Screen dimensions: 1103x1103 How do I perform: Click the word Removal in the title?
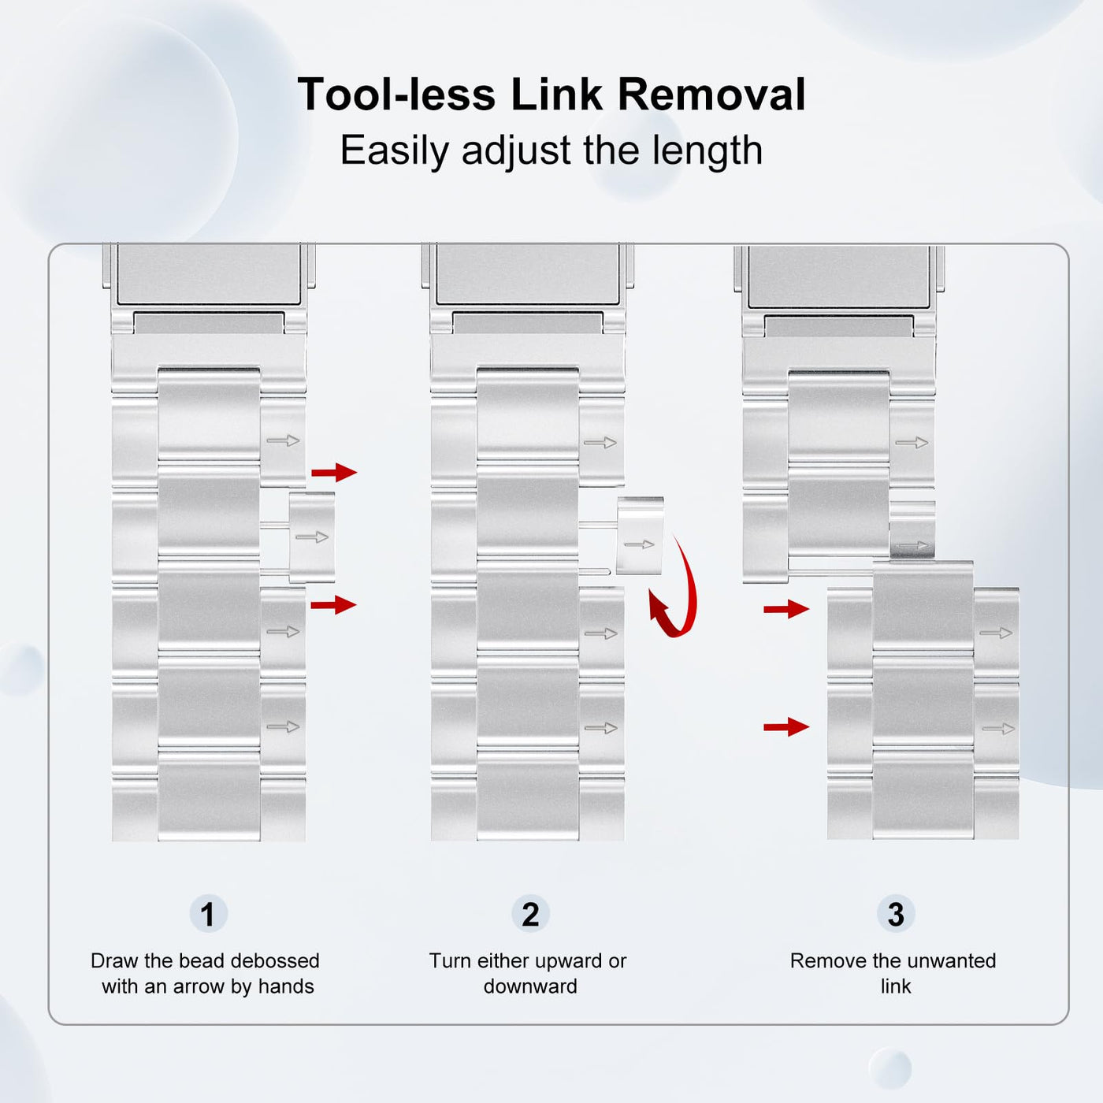711,95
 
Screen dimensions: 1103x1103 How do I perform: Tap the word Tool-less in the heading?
396,95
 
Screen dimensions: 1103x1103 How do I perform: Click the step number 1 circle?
208,914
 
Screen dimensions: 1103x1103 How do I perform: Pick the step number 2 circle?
530,914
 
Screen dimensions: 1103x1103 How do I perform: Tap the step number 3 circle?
896,914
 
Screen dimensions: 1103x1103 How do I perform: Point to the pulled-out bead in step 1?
312,537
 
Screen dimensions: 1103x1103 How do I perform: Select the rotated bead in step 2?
640,536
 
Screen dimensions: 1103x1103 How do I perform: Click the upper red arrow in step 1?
334,472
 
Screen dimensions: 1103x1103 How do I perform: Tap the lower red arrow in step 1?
334,604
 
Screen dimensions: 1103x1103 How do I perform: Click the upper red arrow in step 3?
786,609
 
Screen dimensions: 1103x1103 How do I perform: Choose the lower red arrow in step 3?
786,727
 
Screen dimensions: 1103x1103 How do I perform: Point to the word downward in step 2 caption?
530,987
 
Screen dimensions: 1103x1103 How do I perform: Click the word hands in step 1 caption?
286,987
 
